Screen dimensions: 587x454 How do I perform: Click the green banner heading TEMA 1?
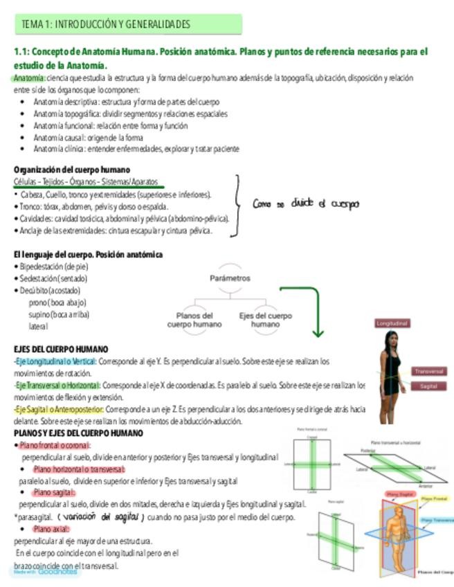(x=128, y=25)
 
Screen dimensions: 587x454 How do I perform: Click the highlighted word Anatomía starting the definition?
(x=30, y=78)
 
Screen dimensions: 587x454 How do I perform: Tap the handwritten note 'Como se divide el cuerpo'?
(x=305, y=204)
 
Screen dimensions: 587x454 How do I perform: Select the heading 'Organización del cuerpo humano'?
(x=72, y=170)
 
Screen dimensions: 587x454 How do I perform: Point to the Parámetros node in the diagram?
(x=229, y=278)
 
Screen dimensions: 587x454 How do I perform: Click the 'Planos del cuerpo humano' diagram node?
(x=194, y=320)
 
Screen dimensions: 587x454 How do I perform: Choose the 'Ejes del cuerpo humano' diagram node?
(x=266, y=320)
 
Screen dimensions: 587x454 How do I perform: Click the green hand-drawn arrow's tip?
(x=318, y=336)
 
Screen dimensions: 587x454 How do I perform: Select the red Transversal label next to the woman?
(x=430, y=372)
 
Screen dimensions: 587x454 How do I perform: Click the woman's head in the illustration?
(x=392, y=341)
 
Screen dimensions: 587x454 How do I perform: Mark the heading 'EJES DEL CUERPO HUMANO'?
(x=62, y=350)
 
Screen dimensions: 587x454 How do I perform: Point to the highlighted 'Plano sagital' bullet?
(x=54, y=492)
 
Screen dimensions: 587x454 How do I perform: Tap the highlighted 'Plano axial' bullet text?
(x=50, y=529)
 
